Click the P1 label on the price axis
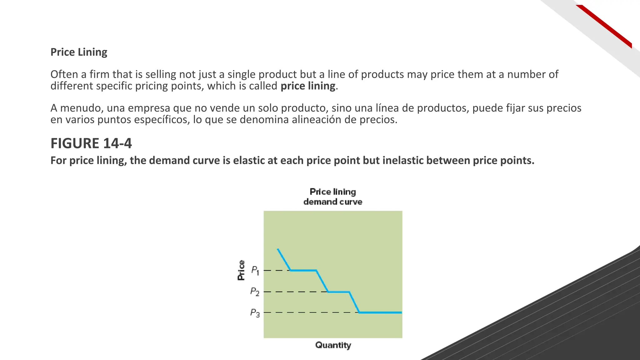tap(255, 270)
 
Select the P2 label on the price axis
tap(255, 292)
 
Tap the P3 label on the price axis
tap(255, 312)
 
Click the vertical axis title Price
tap(241, 270)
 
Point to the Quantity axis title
tap(333, 345)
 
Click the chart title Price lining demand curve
tap(333, 197)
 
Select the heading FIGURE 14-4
tap(91, 143)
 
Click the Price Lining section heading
tap(79, 52)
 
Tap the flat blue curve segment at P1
tap(303, 270)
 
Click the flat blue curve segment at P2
tap(338, 292)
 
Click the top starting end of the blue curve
tap(278, 249)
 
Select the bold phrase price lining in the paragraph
tap(308, 86)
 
